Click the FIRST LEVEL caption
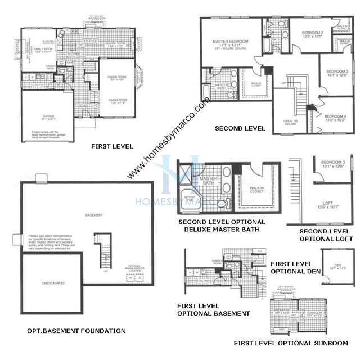tap(112, 146)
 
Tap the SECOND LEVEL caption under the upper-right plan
tap(240, 128)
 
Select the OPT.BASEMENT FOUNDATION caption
tap(76, 331)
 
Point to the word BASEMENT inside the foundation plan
tap(94, 215)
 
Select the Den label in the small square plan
tap(339, 266)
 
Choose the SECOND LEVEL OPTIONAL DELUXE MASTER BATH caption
tap(222, 226)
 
